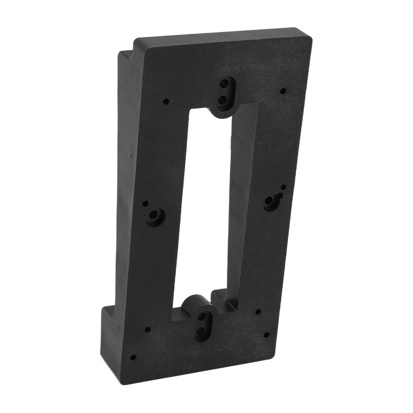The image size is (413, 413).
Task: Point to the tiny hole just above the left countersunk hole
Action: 145,204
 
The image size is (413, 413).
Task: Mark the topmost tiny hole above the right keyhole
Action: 284,187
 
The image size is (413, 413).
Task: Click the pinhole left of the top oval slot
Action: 166,102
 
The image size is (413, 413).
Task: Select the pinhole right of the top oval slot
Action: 283,91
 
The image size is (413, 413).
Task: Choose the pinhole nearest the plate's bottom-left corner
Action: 133,357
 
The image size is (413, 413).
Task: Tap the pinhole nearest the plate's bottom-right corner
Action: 266,335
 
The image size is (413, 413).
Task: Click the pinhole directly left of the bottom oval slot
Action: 148,330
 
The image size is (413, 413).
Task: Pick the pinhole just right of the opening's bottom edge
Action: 258,312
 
